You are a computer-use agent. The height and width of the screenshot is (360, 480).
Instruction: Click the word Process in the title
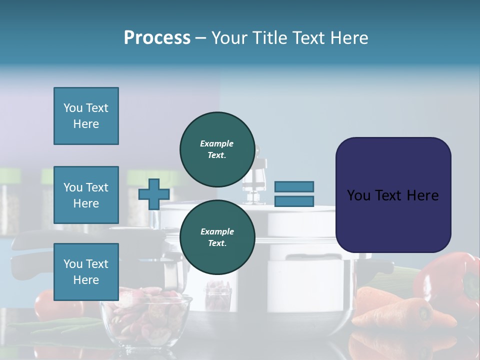point(157,38)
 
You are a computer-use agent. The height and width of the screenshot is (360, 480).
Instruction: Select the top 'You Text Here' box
point(86,116)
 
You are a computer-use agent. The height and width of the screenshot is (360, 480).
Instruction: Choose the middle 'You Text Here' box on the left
point(86,195)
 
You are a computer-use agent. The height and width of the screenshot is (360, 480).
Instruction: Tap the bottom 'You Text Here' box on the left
point(86,271)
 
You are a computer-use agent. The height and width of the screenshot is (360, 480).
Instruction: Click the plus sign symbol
point(154,194)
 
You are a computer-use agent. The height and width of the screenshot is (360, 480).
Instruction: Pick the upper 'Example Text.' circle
point(217,149)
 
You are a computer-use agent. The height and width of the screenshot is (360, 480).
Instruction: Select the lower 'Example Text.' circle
point(217,237)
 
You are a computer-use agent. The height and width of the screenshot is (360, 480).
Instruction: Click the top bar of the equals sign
point(294,186)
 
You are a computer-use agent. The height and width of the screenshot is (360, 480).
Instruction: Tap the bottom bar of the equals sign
point(294,201)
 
